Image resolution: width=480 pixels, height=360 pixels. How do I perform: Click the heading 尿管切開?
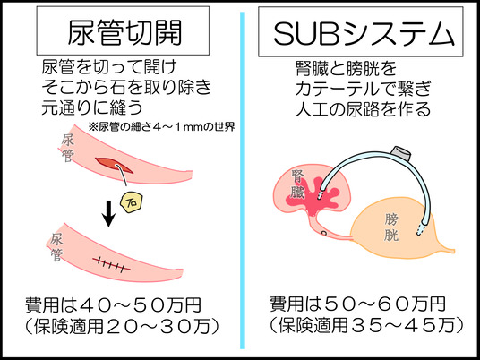124,32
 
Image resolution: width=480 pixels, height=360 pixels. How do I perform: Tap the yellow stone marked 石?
133,203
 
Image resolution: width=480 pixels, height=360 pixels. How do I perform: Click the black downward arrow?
108,213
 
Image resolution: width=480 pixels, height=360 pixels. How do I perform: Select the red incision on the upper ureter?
114,165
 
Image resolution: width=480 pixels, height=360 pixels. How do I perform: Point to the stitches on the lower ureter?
111,265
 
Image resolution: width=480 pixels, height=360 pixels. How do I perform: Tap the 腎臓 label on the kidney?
298,184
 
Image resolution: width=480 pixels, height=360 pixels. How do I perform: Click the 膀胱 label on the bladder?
391,227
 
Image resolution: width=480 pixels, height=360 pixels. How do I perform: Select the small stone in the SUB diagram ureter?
324,233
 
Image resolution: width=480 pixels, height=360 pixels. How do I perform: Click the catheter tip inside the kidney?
321,193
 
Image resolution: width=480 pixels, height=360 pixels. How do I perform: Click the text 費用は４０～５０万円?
113,304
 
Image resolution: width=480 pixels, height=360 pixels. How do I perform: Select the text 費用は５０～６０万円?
357,304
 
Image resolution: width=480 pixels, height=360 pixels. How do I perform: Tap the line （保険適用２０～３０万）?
122,327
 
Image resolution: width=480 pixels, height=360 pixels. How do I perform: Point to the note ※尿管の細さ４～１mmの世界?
161,127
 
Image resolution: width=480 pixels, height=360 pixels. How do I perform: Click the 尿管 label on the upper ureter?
67,149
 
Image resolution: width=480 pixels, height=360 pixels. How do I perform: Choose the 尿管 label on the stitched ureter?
56,247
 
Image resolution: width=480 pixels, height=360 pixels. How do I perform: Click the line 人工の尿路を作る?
363,109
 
